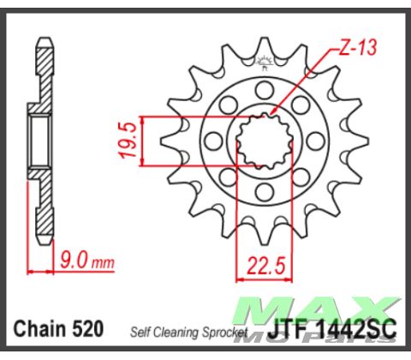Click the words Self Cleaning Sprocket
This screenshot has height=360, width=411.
tap(188, 331)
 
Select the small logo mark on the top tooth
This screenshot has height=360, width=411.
tap(264, 61)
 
